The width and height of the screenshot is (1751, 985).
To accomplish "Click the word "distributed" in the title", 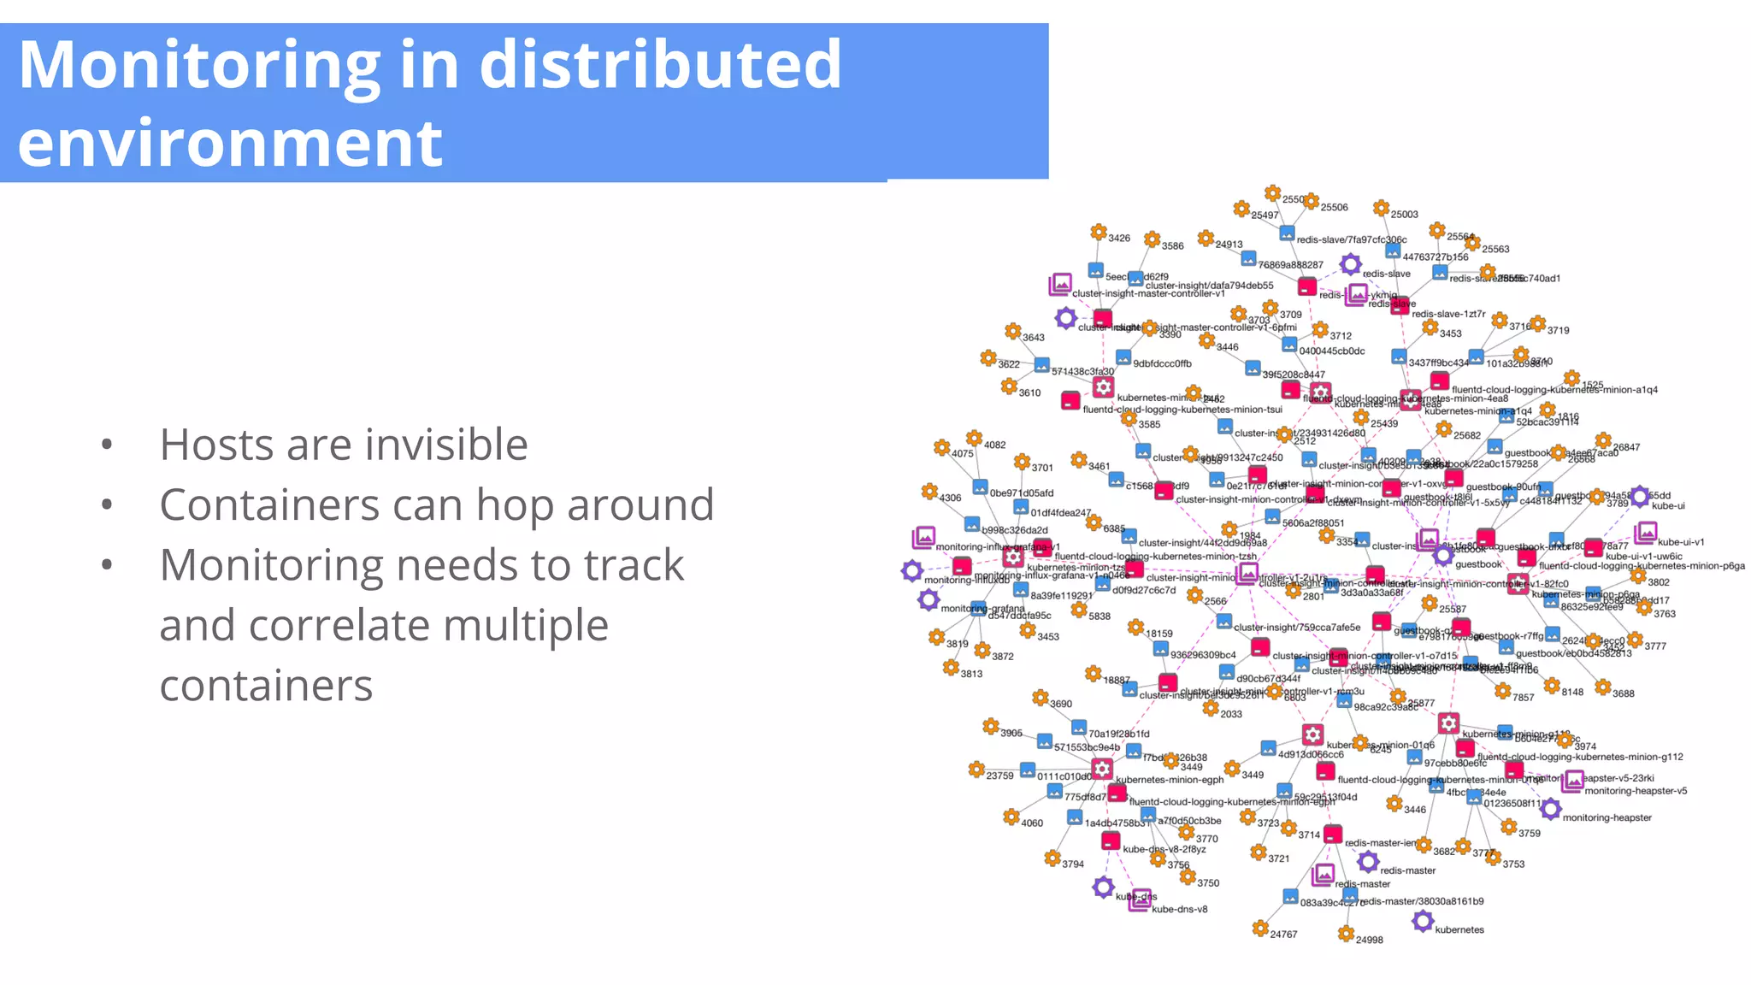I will point(660,65).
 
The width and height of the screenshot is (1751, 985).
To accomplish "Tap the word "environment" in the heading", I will point(230,143).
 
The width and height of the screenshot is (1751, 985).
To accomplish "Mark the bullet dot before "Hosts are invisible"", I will point(107,445).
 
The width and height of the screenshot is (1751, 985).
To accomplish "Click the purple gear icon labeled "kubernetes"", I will point(1423,921).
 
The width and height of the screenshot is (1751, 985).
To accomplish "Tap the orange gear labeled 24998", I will point(1346,933).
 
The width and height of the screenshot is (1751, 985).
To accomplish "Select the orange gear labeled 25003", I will point(1381,208).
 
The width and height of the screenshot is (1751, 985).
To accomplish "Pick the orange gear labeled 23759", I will point(976,770).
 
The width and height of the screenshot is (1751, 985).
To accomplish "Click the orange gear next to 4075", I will point(941,447).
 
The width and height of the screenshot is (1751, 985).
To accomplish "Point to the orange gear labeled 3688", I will point(1603,687).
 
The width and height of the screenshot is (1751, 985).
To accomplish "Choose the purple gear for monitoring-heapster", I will point(1551,809).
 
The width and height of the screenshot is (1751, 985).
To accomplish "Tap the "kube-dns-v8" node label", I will point(1179,909).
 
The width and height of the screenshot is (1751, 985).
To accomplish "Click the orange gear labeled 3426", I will point(1099,232).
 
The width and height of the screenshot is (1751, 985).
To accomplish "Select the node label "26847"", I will point(1626,447).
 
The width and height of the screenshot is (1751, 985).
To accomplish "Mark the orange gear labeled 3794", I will point(1052,858).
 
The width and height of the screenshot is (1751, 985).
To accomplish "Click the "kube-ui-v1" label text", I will point(1680,542).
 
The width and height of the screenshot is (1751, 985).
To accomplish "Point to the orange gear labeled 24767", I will point(1259,929).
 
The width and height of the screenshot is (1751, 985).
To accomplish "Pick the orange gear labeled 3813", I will point(951,667).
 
